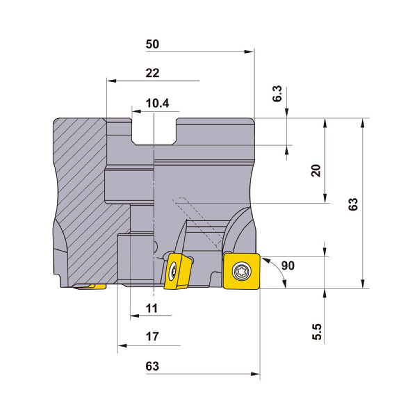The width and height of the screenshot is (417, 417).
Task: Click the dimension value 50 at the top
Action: click(x=152, y=44)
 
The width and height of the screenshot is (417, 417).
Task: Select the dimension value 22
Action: click(x=152, y=73)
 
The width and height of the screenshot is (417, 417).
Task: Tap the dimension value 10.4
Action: click(x=158, y=103)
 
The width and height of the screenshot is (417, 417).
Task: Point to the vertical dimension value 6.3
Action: click(x=277, y=94)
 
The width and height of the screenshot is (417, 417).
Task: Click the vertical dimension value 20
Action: click(x=316, y=171)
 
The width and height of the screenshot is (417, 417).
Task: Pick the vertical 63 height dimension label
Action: click(x=354, y=204)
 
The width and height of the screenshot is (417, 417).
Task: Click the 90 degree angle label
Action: click(x=288, y=265)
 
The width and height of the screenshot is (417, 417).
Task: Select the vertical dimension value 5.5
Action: click(x=317, y=332)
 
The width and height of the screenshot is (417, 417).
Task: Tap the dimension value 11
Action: click(x=152, y=309)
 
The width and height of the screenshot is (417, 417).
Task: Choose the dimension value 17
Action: click(x=152, y=336)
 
